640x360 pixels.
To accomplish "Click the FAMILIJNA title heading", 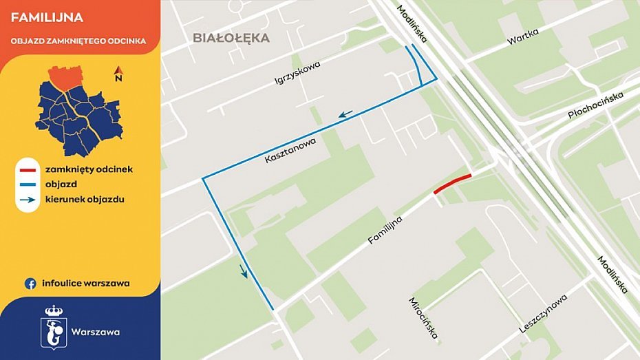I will pyautogui.click(x=47, y=17).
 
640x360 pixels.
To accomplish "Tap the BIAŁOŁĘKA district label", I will pyautogui.click(x=231, y=38).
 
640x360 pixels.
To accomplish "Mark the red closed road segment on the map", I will pyautogui.click(x=453, y=183).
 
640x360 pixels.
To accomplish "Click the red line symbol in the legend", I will pyautogui.click(x=28, y=169).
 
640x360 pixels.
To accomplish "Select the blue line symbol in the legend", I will pyautogui.click(x=28, y=184).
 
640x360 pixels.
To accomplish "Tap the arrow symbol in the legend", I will pyautogui.click(x=28, y=200).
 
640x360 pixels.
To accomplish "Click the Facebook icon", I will pyautogui.click(x=30, y=283).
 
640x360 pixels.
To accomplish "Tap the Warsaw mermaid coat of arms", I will pyautogui.click(x=53, y=326).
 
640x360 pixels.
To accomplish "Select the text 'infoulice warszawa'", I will pyautogui.click(x=85, y=283).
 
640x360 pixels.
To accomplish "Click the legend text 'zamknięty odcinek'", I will pyautogui.click(x=89, y=169).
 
